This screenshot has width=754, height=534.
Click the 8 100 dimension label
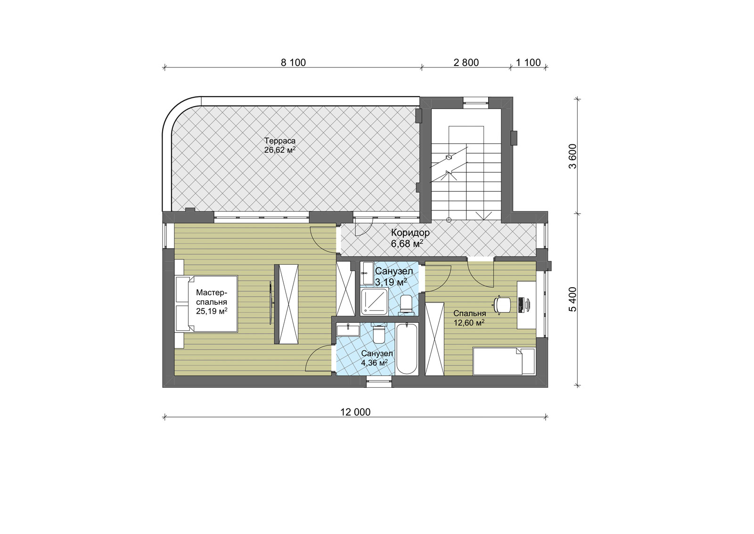click(293, 63)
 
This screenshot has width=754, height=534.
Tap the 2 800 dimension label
click(466, 63)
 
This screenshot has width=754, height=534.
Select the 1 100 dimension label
click(528, 63)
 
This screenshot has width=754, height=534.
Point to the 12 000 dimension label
click(355, 412)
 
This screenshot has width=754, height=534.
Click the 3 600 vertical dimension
click(573, 156)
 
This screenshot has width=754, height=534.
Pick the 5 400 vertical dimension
click(573, 300)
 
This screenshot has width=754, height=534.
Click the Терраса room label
click(280, 141)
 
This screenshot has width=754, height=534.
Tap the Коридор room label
click(410, 233)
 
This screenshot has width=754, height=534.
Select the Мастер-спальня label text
click(212, 297)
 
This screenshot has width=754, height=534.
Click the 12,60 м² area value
click(469, 323)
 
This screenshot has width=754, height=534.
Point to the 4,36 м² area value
click(374, 363)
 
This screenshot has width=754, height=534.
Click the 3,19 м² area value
click(391, 282)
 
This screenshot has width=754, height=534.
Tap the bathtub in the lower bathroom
click(407, 349)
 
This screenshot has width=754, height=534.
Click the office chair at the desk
click(502, 305)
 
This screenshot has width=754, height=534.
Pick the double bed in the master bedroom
click(206, 304)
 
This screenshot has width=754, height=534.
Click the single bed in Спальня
click(504, 361)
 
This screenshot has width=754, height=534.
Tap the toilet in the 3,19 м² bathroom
click(406, 305)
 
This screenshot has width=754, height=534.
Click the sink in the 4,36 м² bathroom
click(348, 329)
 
